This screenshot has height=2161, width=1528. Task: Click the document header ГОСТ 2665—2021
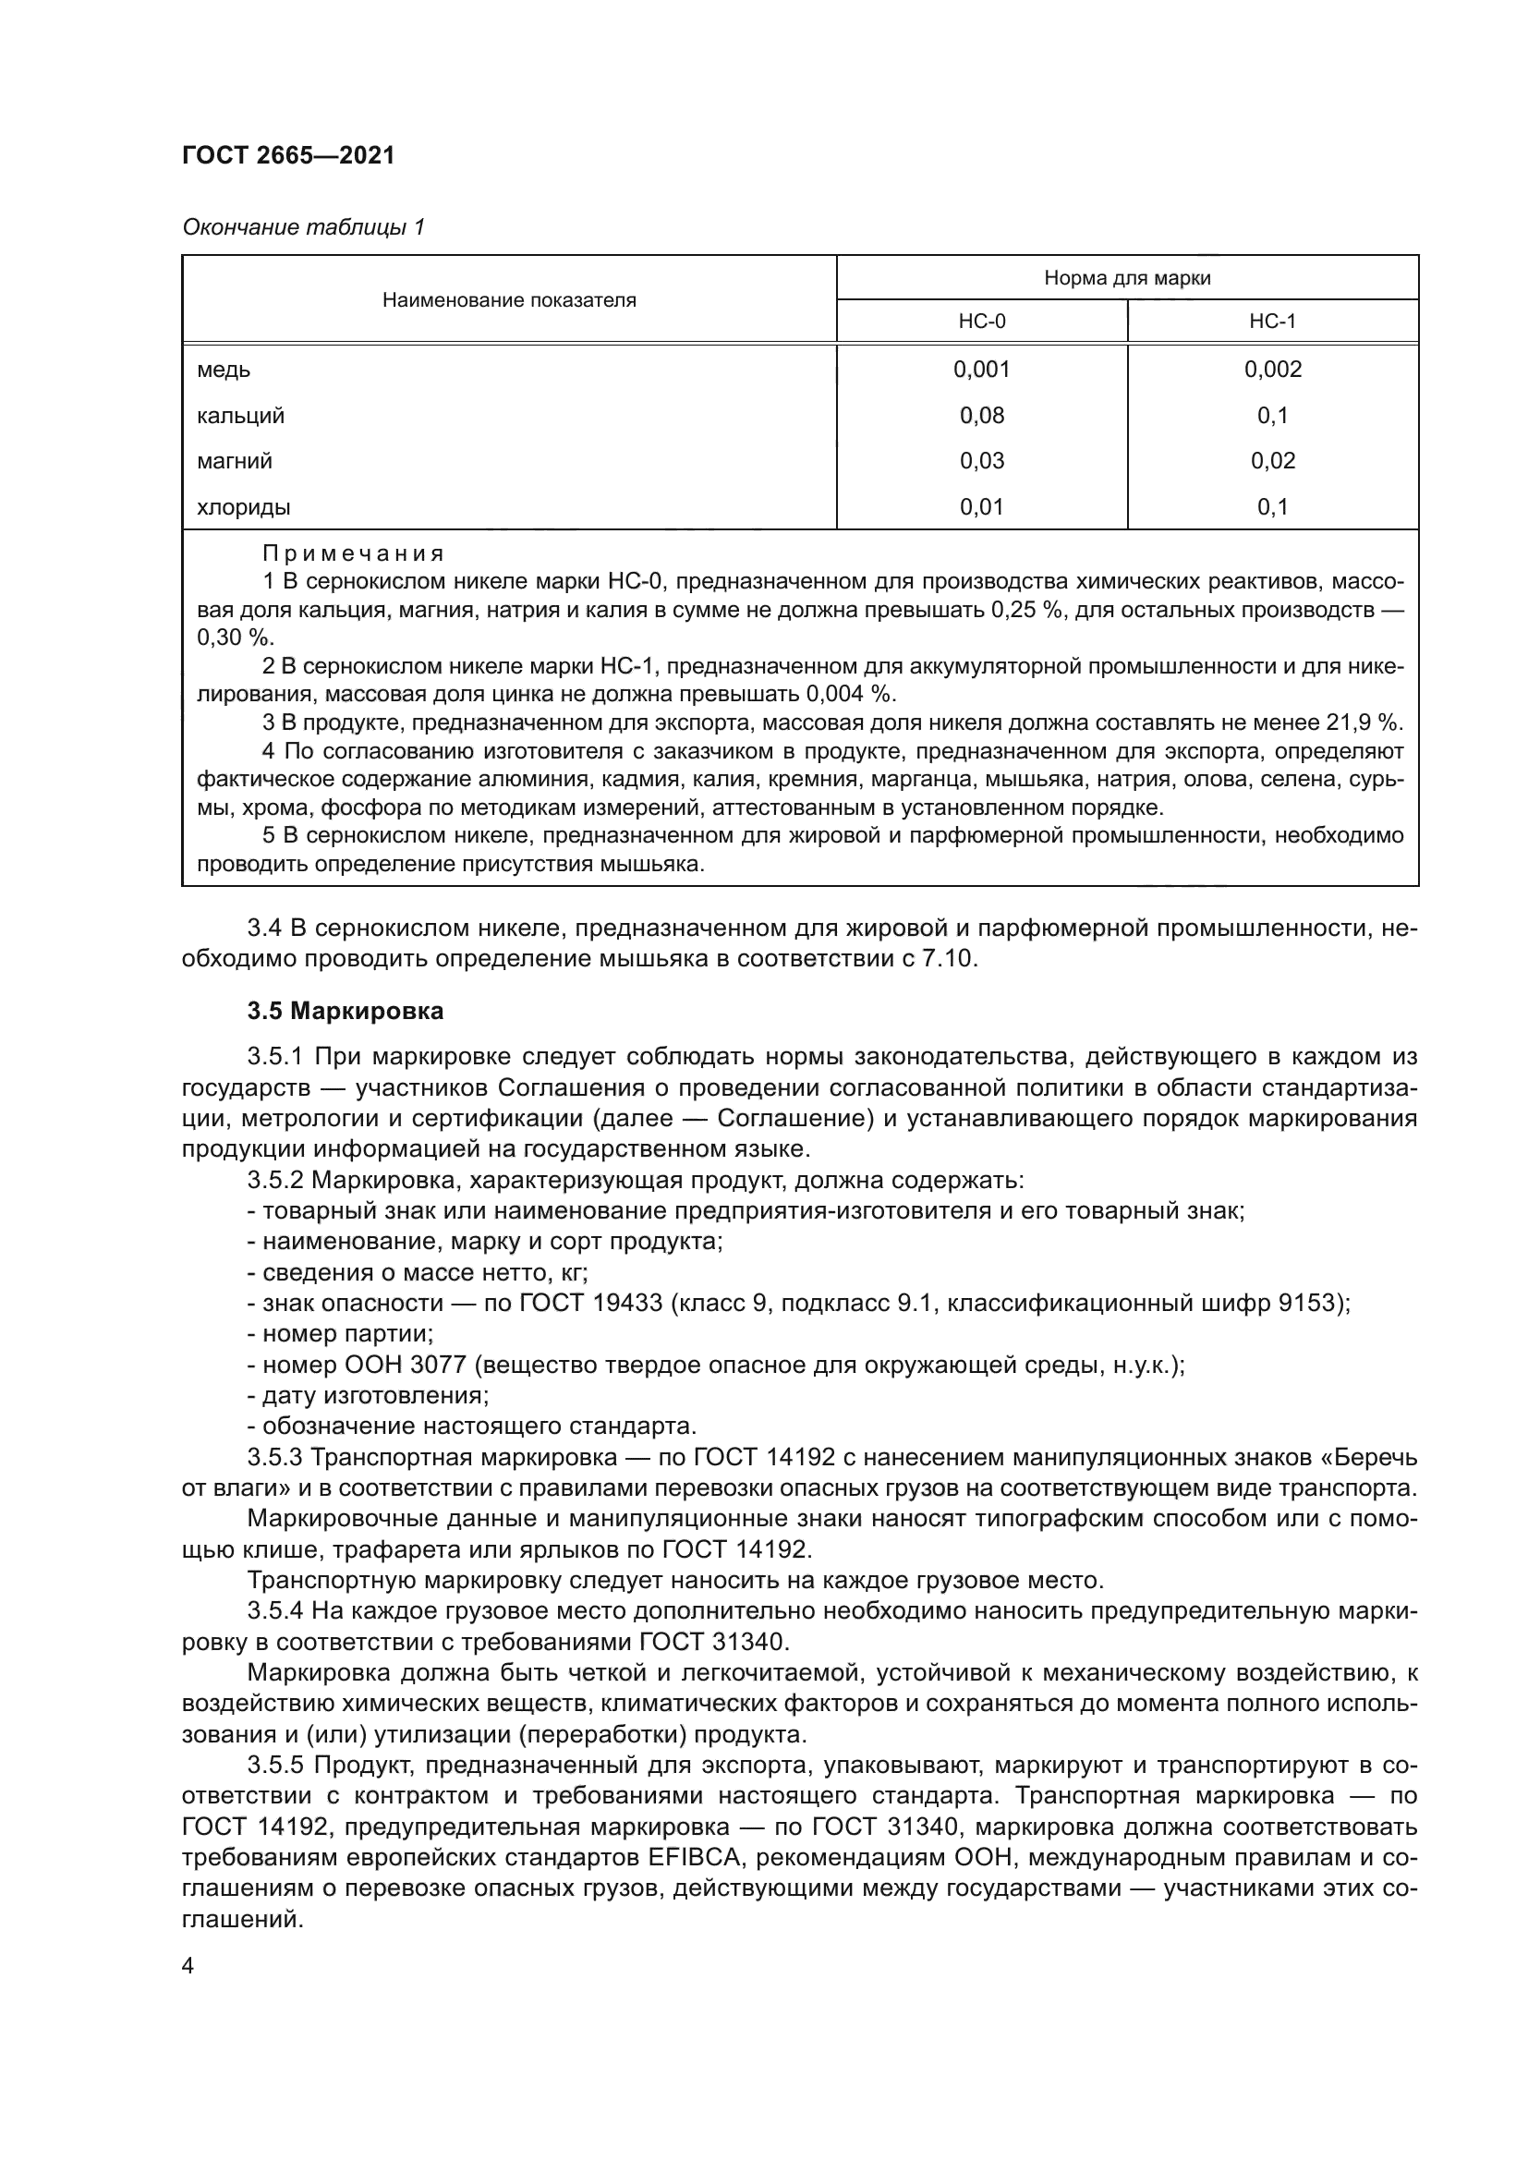click(x=288, y=156)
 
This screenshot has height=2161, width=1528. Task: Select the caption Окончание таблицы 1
click(x=303, y=227)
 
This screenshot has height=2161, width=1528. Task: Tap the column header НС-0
click(x=981, y=321)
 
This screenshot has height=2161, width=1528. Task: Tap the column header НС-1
click(x=1272, y=321)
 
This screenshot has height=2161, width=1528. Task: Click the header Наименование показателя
click(x=509, y=300)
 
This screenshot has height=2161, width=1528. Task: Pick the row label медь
click(x=224, y=370)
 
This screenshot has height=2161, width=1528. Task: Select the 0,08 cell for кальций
click(x=981, y=415)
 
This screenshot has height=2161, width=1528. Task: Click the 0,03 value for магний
click(x=981, y=461)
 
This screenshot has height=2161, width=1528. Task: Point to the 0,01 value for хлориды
click(x=981, y=507)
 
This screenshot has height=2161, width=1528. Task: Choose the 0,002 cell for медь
click(x=1272, y=370)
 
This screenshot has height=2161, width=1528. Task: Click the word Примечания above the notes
click(x=353, y=553)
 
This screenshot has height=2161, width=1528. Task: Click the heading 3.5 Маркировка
click(x=346, y=1012)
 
